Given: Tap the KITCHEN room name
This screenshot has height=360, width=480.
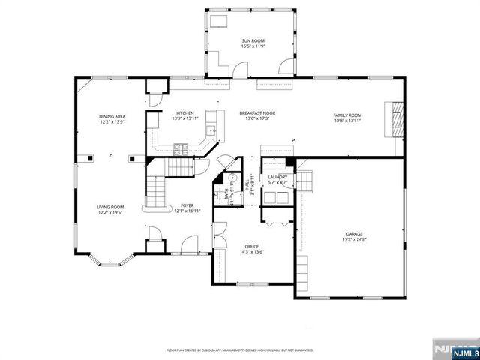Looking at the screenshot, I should point(185,112).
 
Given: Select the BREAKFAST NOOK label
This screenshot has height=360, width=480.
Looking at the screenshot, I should point(257,112).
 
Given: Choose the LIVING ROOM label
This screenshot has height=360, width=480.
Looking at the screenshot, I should point(109,207).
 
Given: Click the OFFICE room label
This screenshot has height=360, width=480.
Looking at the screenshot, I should point(252,246).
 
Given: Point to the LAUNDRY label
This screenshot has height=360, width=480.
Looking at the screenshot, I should point(278,177).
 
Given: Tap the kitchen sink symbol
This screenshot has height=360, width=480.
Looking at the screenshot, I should point(212,130).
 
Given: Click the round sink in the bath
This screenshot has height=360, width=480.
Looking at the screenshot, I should point(232,178).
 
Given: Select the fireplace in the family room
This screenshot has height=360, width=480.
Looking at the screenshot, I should point(394,118).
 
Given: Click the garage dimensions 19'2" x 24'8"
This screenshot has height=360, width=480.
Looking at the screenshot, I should point(355,239).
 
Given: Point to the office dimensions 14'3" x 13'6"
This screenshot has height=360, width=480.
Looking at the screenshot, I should point(252,251).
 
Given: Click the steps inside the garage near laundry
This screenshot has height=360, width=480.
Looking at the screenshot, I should point(307,181).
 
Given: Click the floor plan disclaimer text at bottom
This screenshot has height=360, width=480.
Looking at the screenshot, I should point(240,349).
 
